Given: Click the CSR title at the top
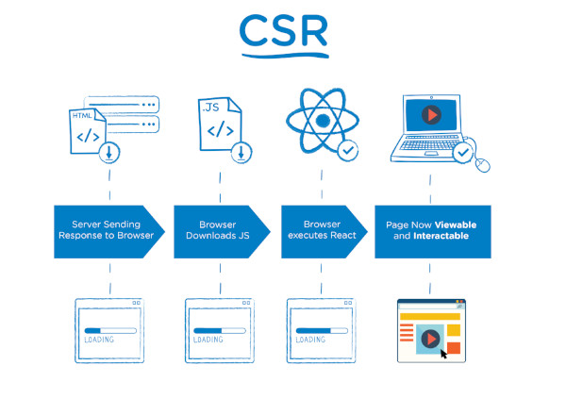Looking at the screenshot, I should click(x=283, y=30).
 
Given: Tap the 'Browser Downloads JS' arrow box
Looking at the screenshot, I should click(x=218, y=231).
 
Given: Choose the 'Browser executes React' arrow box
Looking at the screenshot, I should click(x=323, y=231).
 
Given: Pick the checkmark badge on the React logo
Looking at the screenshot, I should click(x=347, y=149).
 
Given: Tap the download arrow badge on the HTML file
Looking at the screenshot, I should click(x=110, y=151).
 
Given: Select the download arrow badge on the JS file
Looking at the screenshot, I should click(x=241, y=151).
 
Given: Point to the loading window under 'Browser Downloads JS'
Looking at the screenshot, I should click(x=219, y=329).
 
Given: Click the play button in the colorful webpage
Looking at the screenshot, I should click(x=430, y=338).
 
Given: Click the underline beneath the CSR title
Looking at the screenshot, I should click(x=283, y=57).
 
